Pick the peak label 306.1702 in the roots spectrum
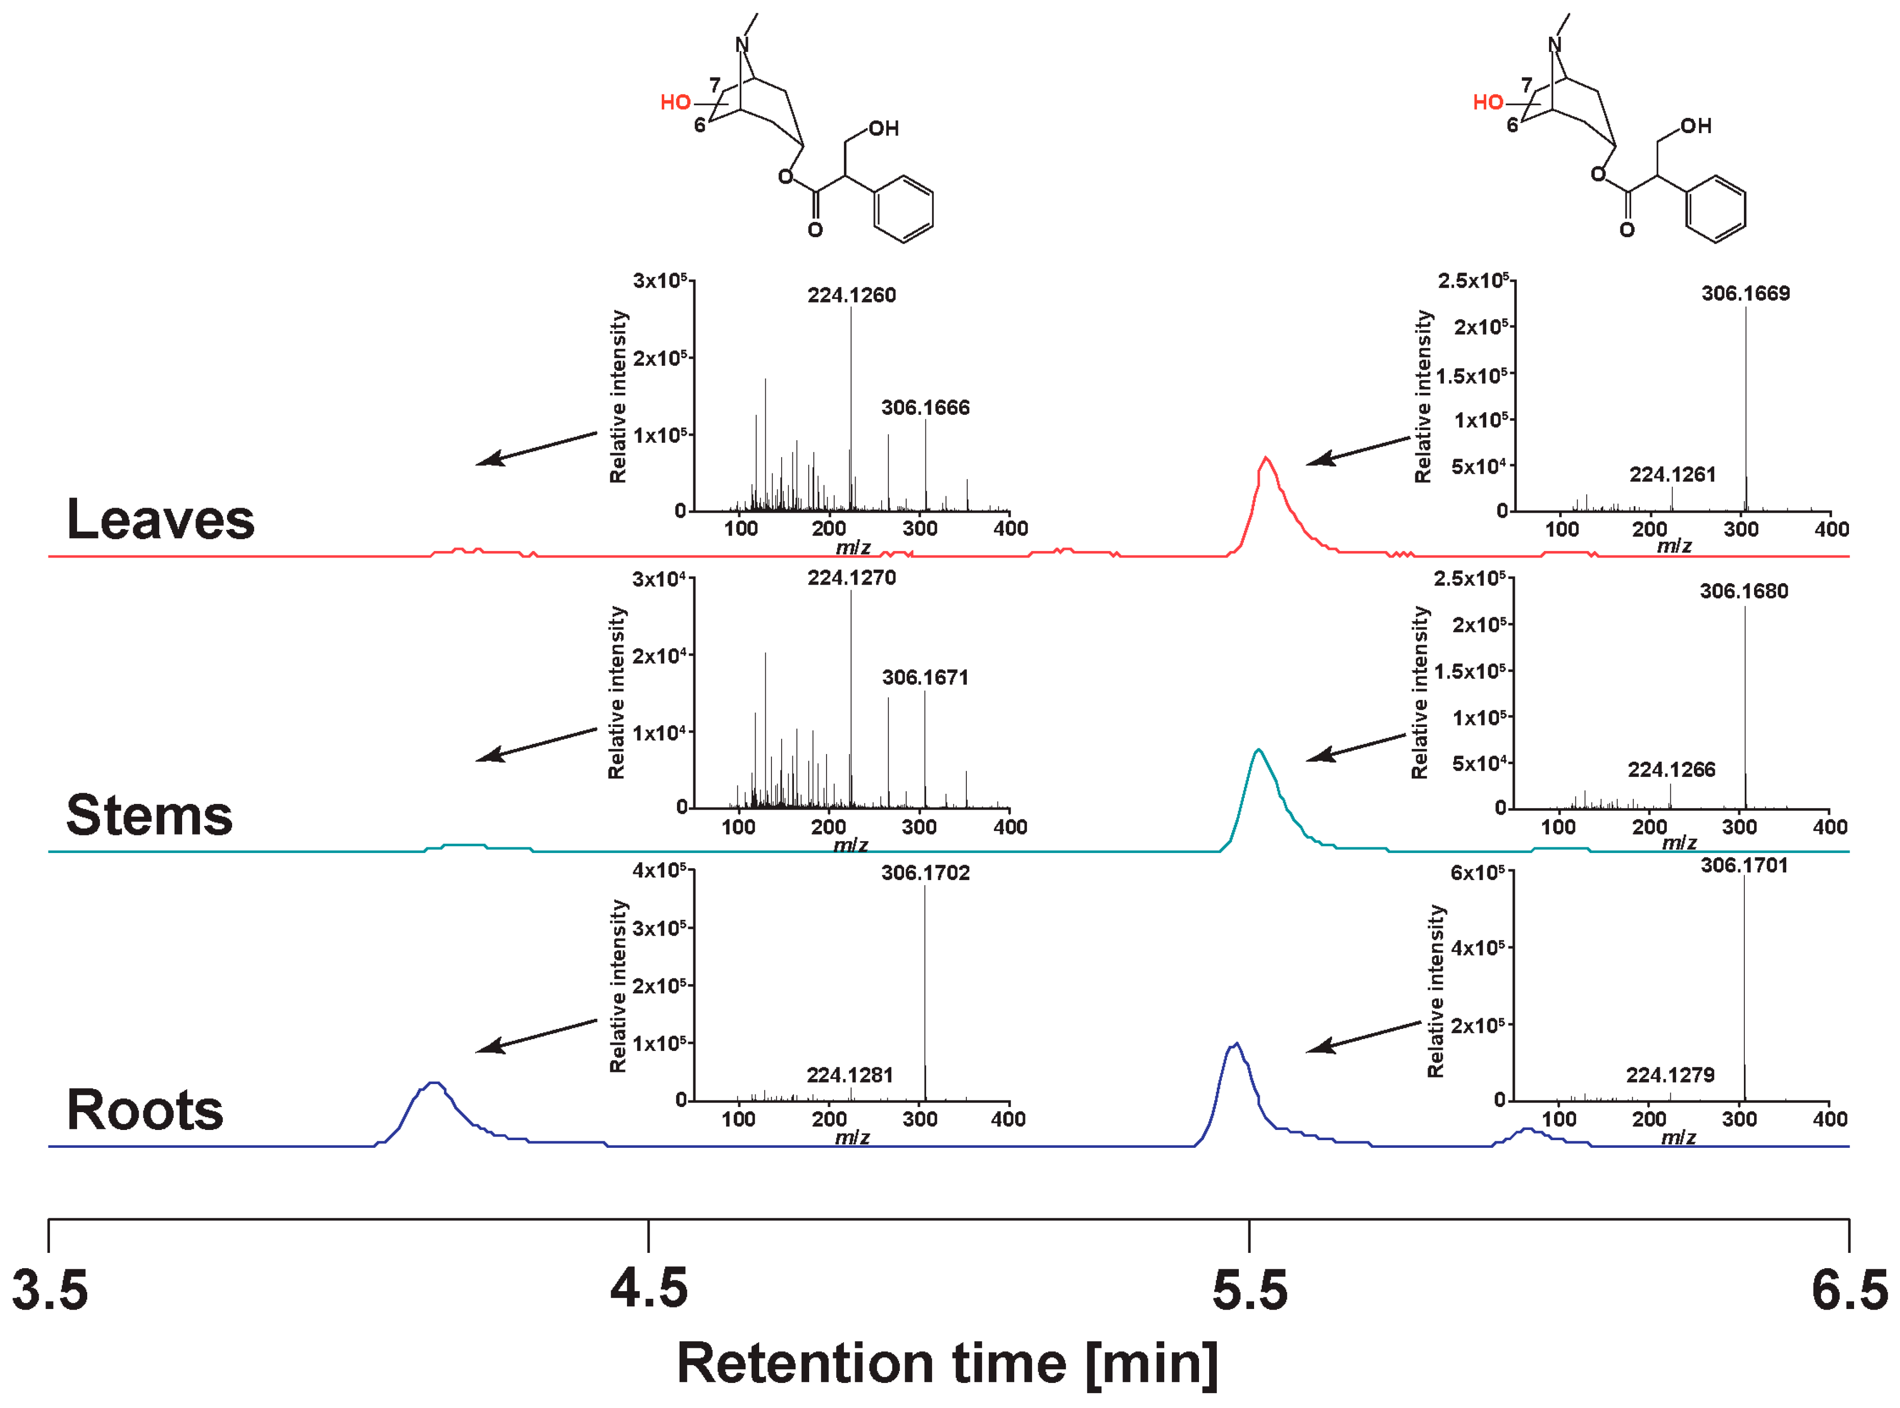pos(925,873)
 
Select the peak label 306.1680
pos(1743,591)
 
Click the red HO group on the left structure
pos(675,103)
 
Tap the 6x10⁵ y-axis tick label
pos(1477,873)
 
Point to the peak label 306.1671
pos(925,677)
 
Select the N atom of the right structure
pos(1554,45)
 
